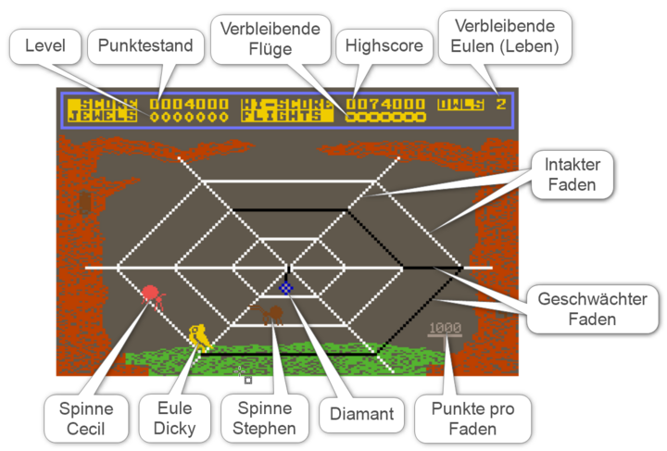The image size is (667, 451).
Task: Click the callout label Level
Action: click(45, 44)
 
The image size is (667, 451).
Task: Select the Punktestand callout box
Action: click(144, 44)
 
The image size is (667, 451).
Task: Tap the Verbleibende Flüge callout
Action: click(271, 40)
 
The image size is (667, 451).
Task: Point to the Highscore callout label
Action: click(384, 44)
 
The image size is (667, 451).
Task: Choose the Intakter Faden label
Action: click(573, 174)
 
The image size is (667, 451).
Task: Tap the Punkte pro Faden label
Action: click(473, 419)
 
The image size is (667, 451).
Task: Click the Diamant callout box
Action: click(362, 414)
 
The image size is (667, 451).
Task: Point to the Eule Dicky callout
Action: click(170, 419)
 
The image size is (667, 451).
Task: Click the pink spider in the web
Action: click(153, 296)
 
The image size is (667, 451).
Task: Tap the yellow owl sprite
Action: click(197, 336)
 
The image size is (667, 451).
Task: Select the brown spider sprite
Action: click(270, 315)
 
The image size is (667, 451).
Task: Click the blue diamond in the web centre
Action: click(286, 288)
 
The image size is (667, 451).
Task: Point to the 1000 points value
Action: click(445, 328)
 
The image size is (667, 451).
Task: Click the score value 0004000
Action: click(188, 104)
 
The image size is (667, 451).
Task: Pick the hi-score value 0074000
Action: click(386, 104)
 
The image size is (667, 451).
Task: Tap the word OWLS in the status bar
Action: click(460, 104)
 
